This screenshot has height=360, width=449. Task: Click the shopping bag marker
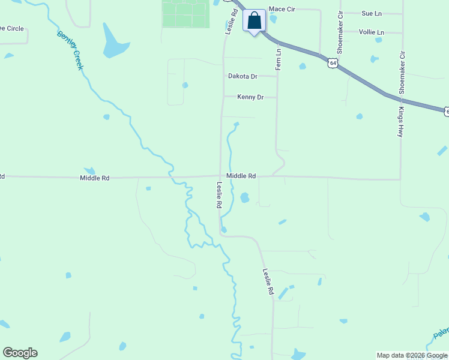point(255,21)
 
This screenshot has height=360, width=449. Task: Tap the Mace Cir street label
point(281,9)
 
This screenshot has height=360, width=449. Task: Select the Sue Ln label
point(372,13)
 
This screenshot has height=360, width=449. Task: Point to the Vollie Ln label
point(371,32)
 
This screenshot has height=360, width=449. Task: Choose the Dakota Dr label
point(243,76)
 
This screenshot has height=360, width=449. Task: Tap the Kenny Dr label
point(250,97)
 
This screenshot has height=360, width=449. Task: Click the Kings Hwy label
point(400,122)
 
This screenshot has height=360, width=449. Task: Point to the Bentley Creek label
point(70,50)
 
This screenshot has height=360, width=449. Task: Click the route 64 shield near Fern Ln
point(333,62)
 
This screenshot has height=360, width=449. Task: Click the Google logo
point(20,353)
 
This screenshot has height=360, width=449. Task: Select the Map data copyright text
point(412,355)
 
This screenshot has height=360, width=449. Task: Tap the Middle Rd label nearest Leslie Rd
point(241,176)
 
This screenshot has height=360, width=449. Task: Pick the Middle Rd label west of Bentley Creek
point(95,178)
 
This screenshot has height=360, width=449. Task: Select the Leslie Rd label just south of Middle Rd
point(220,196)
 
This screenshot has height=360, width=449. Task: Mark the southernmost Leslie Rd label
point(268,281)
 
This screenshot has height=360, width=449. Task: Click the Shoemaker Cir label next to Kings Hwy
point(402,72)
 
